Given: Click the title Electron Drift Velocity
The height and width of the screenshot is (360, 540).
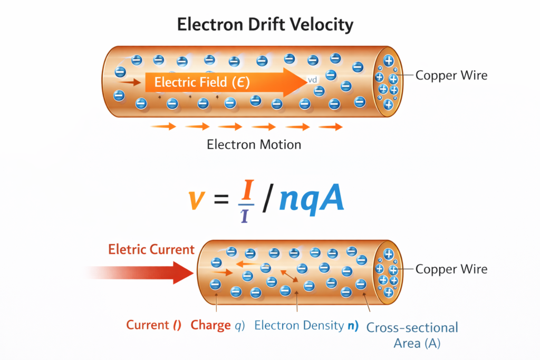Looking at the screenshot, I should pos(265,25).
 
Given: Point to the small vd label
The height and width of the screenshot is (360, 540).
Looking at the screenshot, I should pos(312,81).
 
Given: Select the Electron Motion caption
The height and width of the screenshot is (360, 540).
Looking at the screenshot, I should pos(254,144).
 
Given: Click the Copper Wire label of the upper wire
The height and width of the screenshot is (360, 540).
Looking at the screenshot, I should pos(451,75).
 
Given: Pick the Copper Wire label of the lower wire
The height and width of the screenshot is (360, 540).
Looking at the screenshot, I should pos(451,269).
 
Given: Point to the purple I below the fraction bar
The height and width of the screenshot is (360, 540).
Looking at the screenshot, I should pos(245,215).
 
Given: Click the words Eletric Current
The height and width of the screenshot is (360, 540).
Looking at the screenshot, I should pos(151,249).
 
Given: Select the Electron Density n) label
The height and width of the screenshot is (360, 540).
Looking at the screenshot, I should pos(306,326).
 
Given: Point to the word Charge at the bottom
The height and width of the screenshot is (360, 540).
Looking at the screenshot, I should pos(210,326).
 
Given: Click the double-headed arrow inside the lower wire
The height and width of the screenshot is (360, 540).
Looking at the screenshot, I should pos(290,276).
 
